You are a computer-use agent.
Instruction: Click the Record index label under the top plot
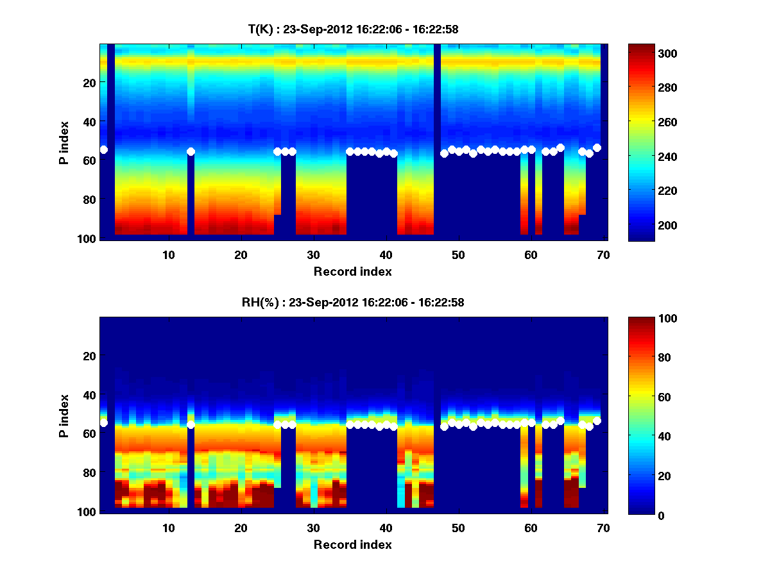click(352, 271)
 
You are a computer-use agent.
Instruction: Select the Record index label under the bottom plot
click(352, 544)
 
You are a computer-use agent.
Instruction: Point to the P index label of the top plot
click(64, 142)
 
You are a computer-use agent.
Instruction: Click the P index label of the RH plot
click(64, 415)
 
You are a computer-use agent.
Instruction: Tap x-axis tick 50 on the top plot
click(458, 255)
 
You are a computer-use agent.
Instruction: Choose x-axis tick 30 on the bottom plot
click(313, 528)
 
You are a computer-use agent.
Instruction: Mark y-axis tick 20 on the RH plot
click(90, 355)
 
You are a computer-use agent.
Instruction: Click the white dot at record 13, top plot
click(191, 152)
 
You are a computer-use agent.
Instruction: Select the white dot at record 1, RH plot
click(103, 423)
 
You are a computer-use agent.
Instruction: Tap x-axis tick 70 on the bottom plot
click(603, 528)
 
